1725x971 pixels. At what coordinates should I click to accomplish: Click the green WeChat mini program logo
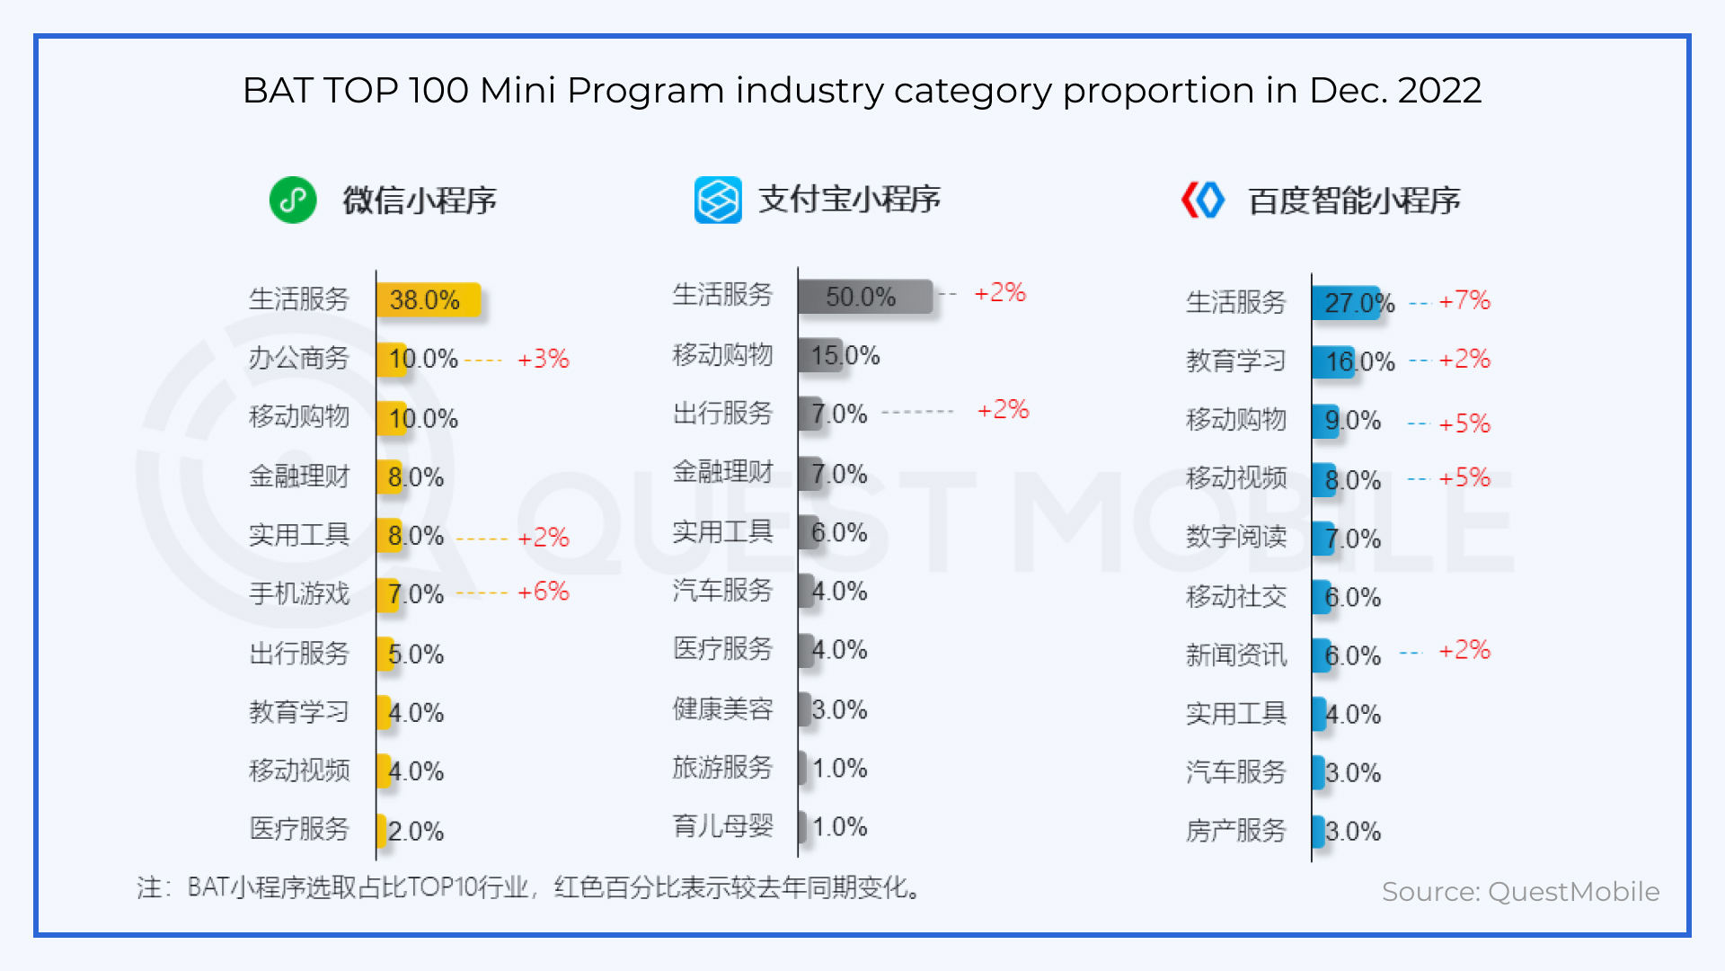(x=293, y=200)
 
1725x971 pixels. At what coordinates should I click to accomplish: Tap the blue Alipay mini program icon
(x=718, y=200)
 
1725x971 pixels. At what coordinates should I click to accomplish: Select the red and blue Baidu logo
(x=1203, y=200)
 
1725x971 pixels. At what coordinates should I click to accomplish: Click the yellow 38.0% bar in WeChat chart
(x=429, y=299)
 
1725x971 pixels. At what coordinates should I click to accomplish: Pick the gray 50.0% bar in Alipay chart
(x=864, y=297)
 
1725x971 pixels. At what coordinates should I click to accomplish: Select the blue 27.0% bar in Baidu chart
(x=1346, y=302)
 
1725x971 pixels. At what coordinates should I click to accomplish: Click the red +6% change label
(x=544, y=592)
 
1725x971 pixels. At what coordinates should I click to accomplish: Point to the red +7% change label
(x=1464, y=300)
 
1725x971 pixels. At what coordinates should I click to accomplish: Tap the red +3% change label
(x=544, y=359)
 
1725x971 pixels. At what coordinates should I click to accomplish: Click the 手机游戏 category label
(x=299, y=593)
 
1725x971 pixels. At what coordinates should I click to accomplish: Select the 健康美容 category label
(x=723, y=708)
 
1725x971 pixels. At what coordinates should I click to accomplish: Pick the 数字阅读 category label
(x=1236, y=537)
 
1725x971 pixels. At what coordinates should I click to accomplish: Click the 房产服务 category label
(x=1236, y=830)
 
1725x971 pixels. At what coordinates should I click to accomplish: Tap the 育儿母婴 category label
(x=723, y=825)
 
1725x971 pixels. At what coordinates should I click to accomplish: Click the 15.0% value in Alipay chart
(x=845, y=355)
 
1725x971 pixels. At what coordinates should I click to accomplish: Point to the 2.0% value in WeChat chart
(x=416, y=831)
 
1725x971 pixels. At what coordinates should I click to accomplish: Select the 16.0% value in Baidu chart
(x=1360, y=361)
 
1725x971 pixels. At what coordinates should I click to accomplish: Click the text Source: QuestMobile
(x=1520, y=891)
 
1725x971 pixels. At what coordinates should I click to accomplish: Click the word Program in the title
(x=645, y=91)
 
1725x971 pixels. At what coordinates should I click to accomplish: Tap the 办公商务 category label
(x=299, y=358)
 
